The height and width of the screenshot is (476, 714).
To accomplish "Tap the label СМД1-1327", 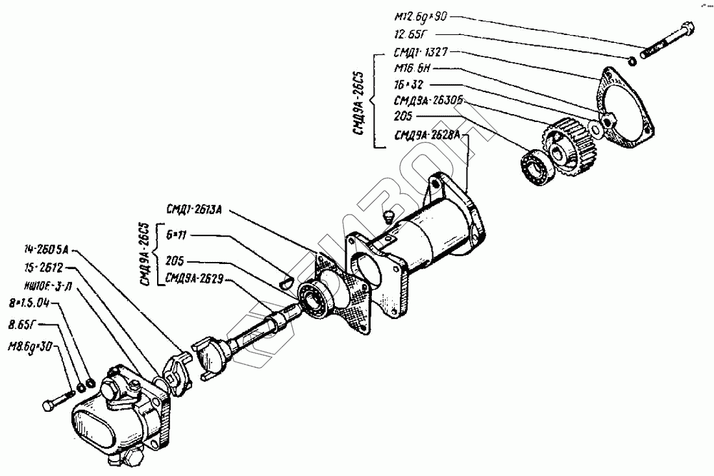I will point(419,53).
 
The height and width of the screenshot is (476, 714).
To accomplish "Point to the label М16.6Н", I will point(412,69).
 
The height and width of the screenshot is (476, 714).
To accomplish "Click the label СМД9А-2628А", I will point(426,136).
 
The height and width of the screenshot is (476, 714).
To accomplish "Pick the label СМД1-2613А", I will point(195,209).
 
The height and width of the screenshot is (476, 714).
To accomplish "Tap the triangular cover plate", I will point(626,107).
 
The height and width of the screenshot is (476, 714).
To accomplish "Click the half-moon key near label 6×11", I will point(284,281).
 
